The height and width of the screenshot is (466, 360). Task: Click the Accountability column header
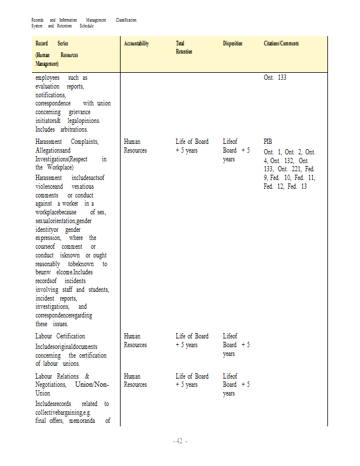136,44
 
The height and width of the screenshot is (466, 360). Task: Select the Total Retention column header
184,47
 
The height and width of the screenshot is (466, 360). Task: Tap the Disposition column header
232,44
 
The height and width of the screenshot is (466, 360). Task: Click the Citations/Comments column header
281,44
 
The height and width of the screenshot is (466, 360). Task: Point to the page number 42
179,441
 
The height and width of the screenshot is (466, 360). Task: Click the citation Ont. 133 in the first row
275,77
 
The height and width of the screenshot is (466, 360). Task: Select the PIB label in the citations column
267,142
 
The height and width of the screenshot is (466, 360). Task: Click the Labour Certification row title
60,336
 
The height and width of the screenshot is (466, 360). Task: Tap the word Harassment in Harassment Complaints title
50,142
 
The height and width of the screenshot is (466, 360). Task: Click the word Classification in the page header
126,20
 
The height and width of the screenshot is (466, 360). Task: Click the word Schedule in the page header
87,26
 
